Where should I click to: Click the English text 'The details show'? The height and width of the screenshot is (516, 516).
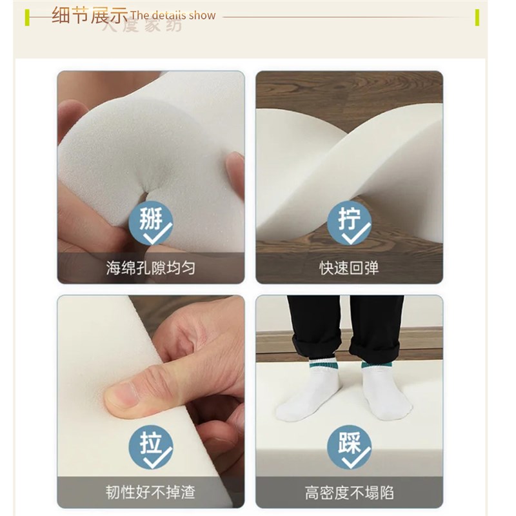point(172,15)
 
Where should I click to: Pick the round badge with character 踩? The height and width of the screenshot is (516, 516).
point(349,447)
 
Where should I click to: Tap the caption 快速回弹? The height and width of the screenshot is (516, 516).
point(349,268)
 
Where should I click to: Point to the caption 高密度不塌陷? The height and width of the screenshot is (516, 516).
point(349,493)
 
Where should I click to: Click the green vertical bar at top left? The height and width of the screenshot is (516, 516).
point(27,17)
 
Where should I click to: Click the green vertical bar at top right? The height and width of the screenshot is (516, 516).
point(477,17)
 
